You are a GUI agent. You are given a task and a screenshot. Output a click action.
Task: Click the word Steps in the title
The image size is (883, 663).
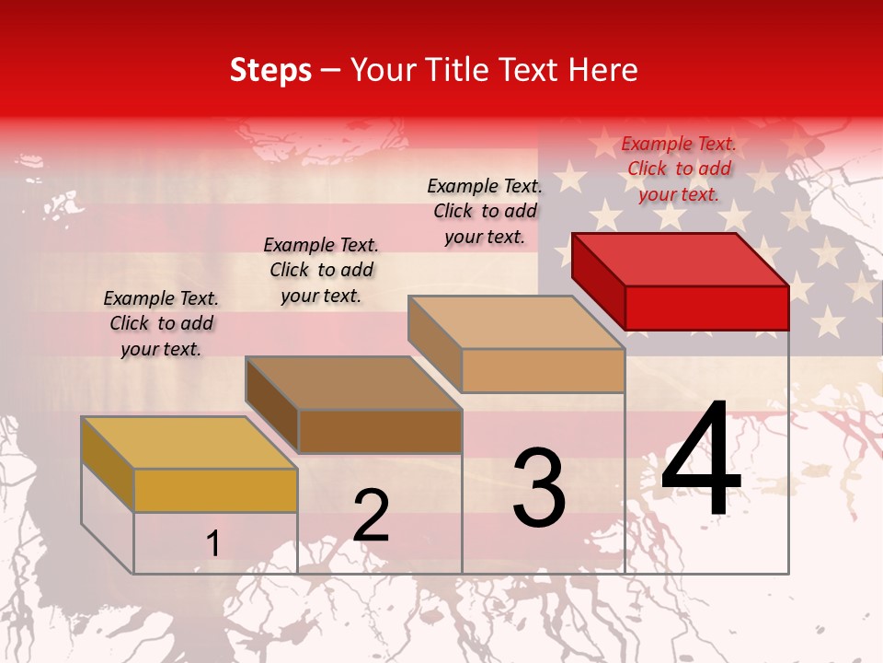(270, 70)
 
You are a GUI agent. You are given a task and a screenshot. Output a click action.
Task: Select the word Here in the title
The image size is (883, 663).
(602, 70)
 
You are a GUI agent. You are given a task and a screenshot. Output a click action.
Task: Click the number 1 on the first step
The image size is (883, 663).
(212, 544)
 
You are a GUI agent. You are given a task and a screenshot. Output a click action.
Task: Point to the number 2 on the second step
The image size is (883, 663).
(371, 517)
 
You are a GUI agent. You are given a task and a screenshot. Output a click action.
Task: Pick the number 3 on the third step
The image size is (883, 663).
(539, 488)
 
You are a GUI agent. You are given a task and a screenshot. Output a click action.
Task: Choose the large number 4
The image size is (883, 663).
(701, 461)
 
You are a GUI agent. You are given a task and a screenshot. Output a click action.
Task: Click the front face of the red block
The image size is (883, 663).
(706, 308)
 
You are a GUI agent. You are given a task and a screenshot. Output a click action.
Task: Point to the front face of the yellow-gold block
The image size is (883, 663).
(215, 490)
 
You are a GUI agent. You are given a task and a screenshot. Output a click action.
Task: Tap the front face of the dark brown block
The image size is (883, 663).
(380, 431)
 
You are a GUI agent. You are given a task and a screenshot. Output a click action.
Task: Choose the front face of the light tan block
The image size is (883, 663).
(543, 370)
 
